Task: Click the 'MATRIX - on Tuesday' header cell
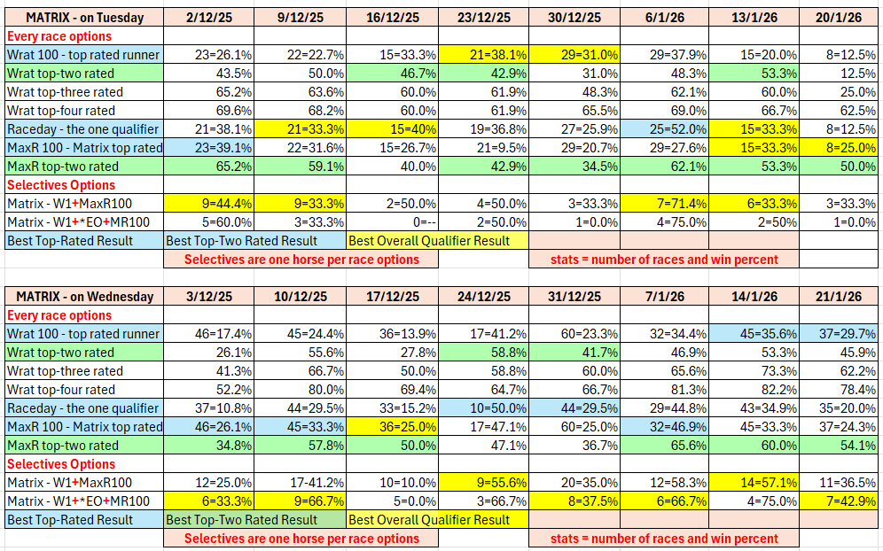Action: click(x=83, y=17)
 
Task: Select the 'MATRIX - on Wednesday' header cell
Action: click(x=83, y=297)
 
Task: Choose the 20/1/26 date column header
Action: click(x=838, y=17)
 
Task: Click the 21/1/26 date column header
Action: click(x=838, y=297)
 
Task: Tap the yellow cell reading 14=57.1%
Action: click(x=754, y=483)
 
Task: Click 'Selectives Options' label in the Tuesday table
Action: click(x=61, y=185)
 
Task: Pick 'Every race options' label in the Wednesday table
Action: click(x=59, y=315)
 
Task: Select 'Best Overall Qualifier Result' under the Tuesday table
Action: click(x=430, y=240)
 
